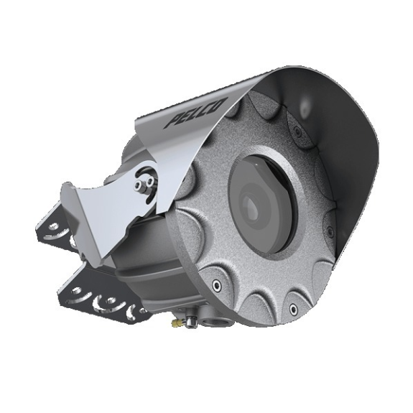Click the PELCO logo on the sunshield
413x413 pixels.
pos(195,113)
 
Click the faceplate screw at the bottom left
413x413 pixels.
pos(216,284)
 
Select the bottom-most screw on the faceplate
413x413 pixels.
pos(292,309)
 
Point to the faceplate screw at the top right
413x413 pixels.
pos(297,130)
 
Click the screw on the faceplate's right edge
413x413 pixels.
pos(328,231)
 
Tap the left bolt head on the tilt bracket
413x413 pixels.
pos(138,185)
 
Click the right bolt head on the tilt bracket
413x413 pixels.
pos(149,181)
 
